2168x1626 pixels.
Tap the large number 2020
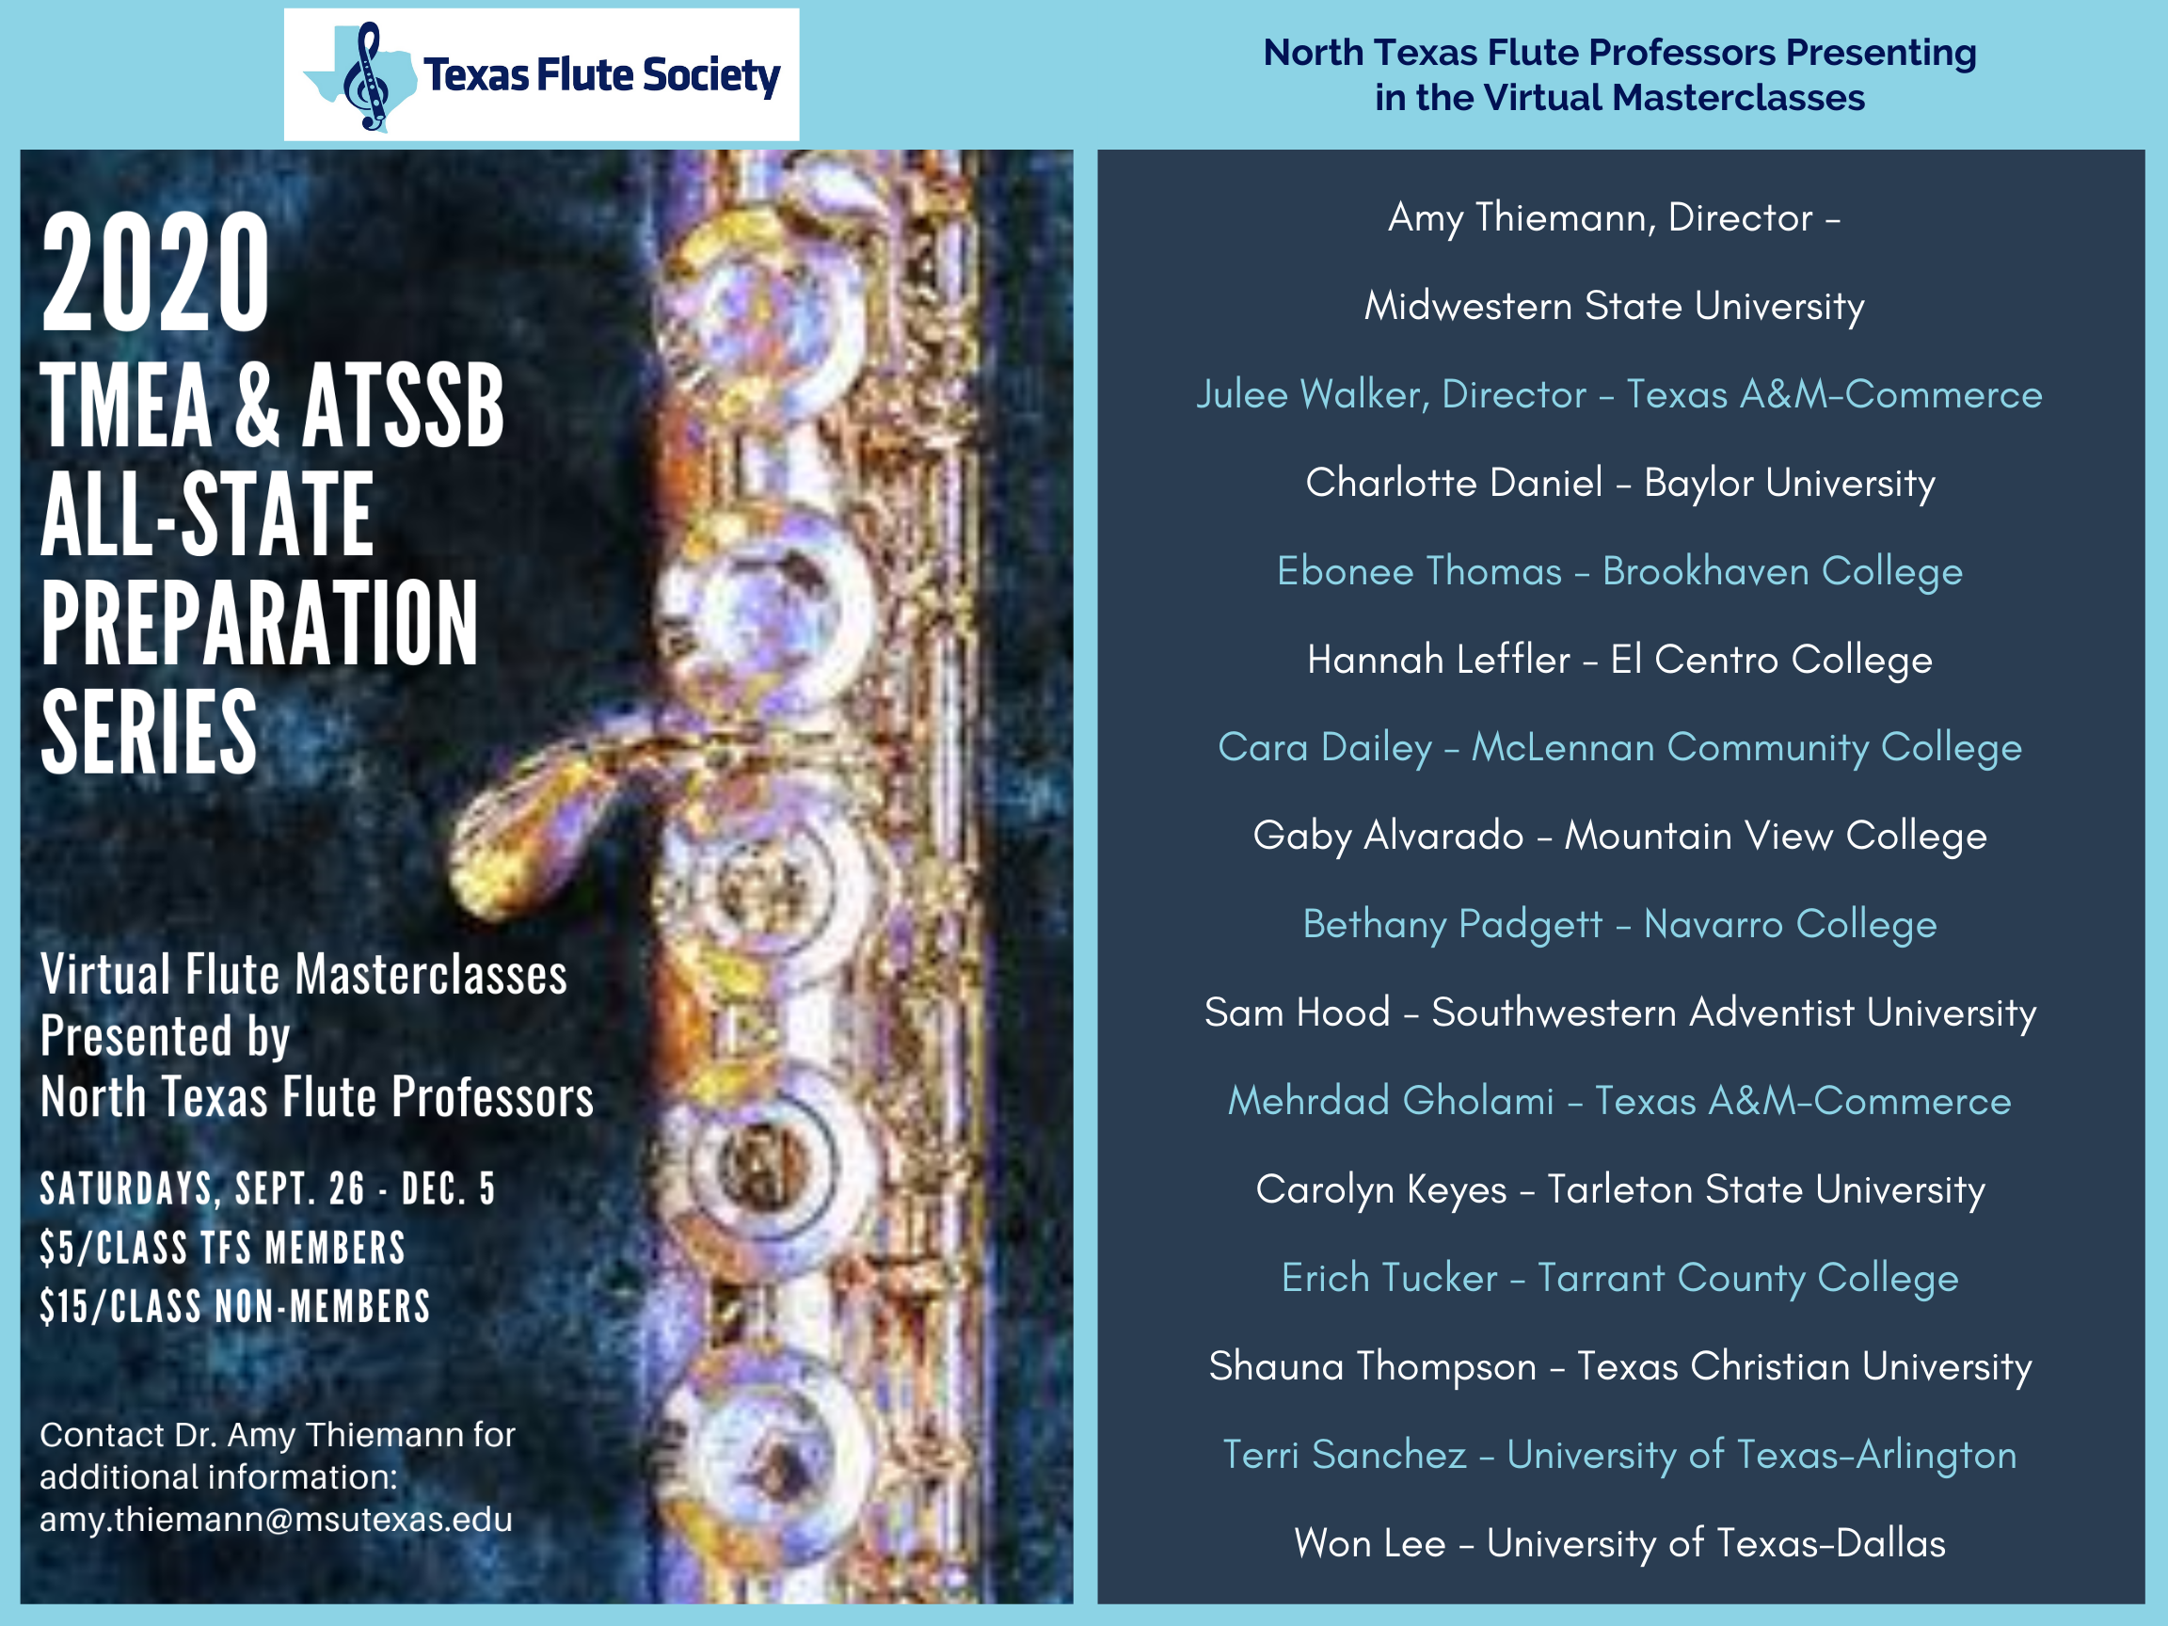coord(155,274)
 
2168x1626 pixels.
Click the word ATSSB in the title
coord(403,406)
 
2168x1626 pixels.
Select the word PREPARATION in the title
coord(260,622)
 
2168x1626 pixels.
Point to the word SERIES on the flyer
coord(149,731)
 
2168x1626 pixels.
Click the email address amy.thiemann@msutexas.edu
coord(276,1519)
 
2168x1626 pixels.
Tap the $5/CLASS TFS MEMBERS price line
coord(222,1248)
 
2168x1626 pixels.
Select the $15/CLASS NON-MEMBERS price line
coord(235,1306)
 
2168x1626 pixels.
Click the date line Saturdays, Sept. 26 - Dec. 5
coord(267,1188)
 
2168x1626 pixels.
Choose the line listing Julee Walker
coord(1619,394)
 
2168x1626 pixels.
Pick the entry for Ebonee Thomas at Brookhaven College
coord(1619,571)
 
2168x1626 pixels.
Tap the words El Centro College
coord(1771,660)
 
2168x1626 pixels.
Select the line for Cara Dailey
coord(1619,748)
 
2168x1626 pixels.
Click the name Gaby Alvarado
coord(1389,836)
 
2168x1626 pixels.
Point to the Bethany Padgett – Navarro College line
coord(1619,924)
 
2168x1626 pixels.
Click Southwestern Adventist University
coord(1734,1012)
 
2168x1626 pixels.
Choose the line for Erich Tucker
coord(1619,1278)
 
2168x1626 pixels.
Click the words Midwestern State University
coord(1615,306)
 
